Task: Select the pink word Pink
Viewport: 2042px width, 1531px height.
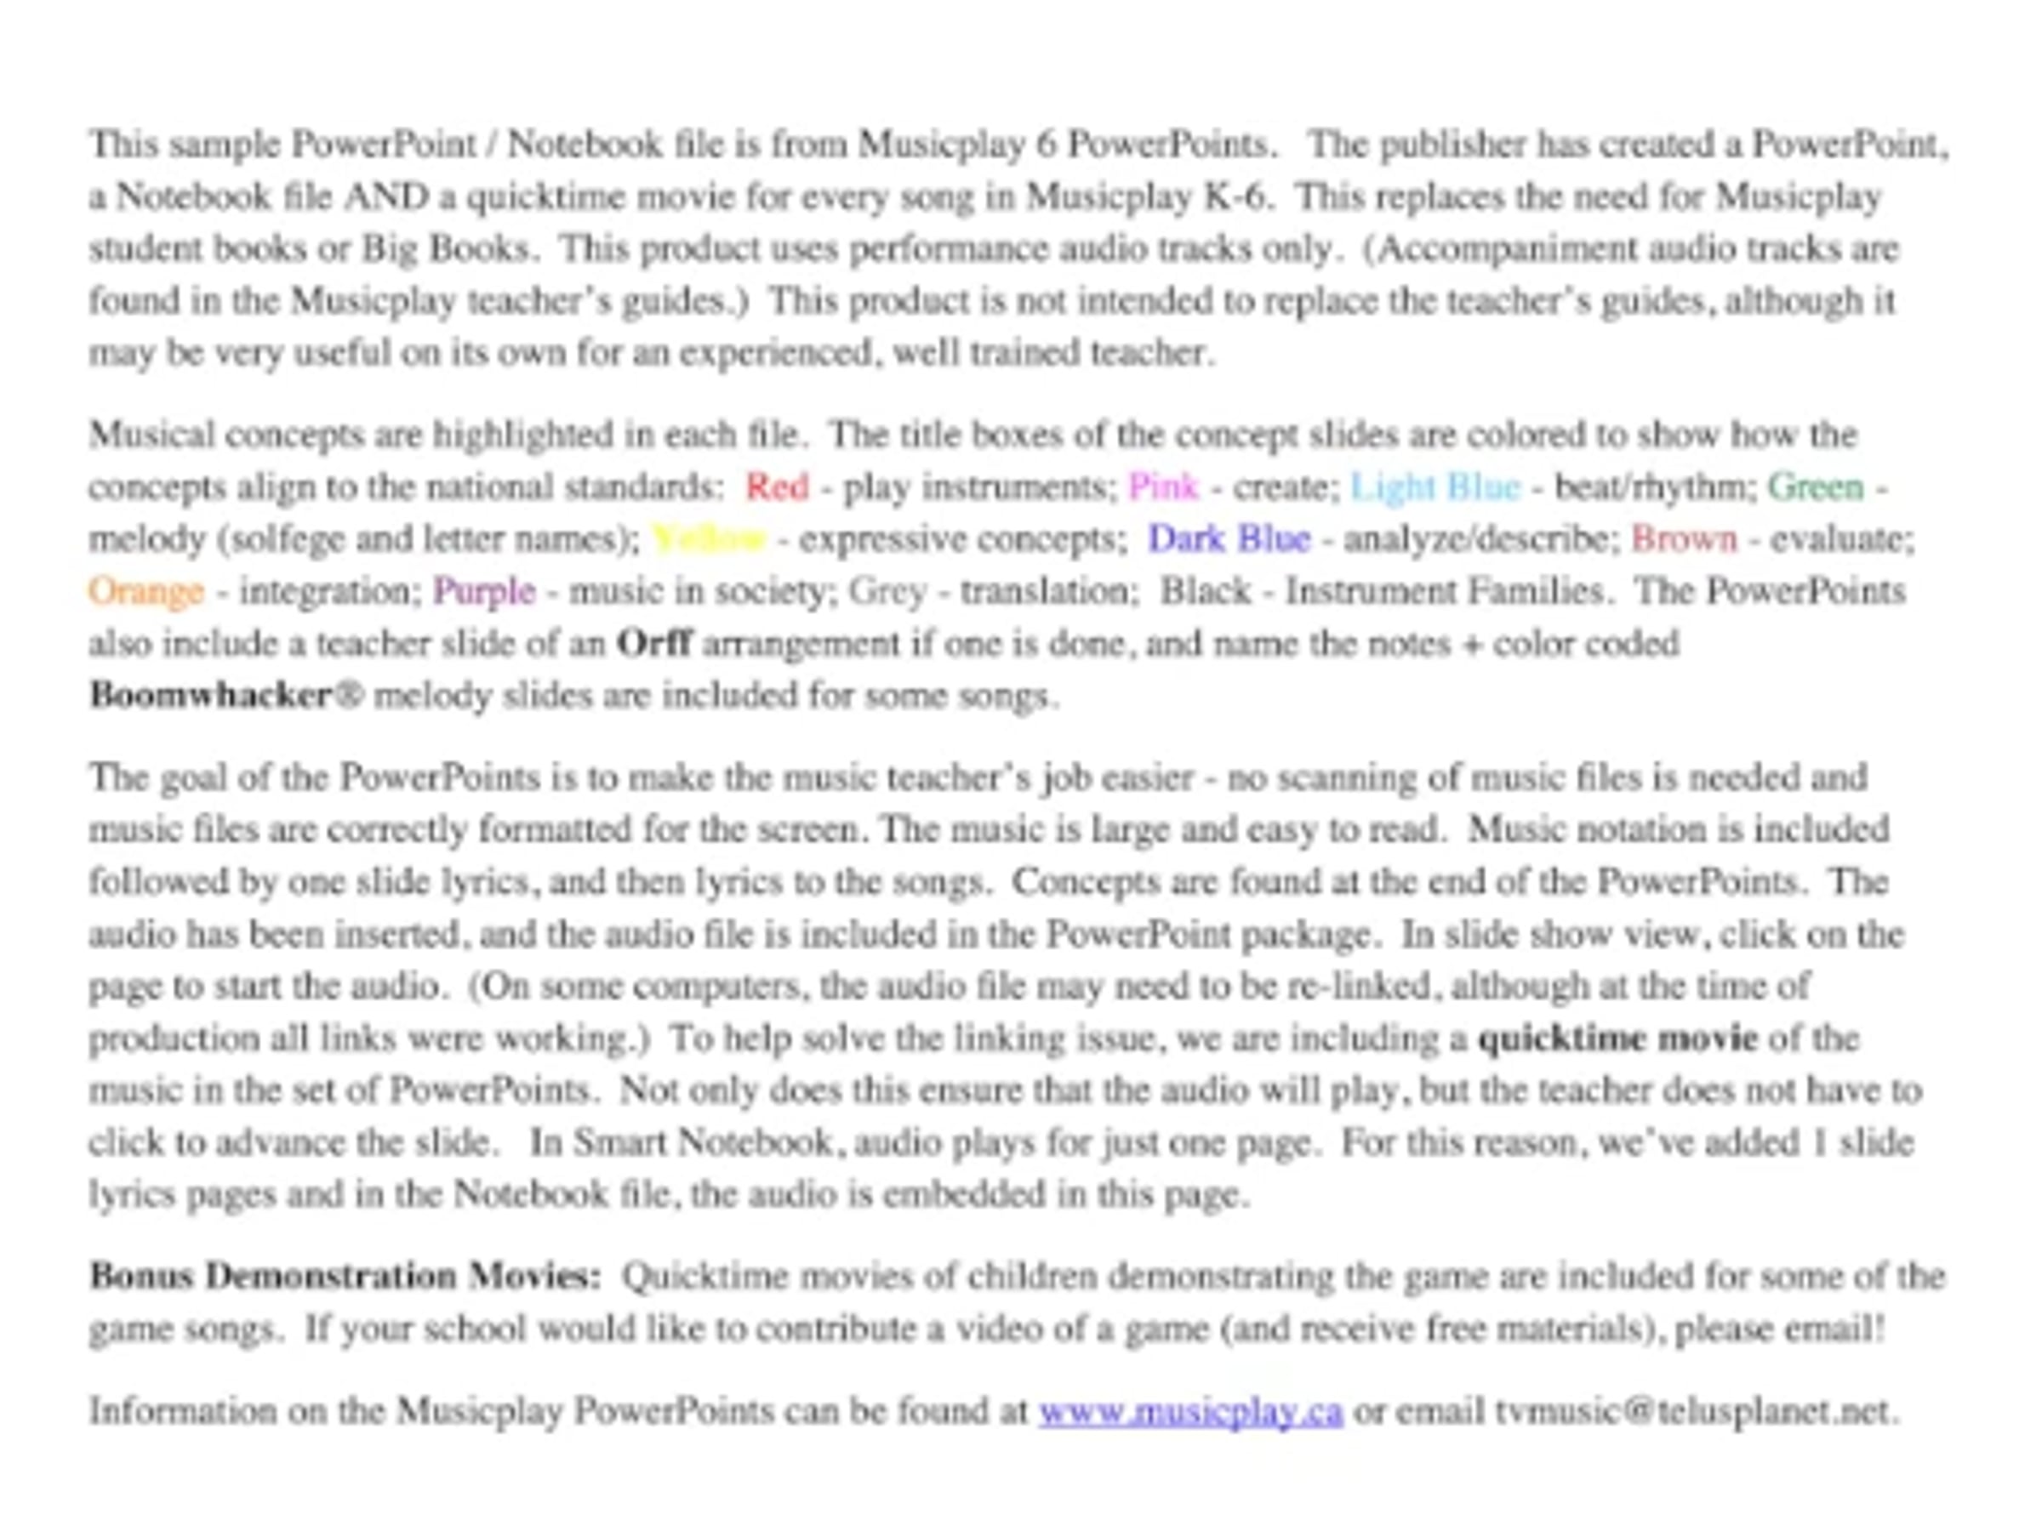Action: (1163, 487)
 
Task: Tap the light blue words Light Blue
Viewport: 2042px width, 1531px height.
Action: (1434, 487)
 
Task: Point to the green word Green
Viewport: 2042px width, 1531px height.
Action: (1815, 487)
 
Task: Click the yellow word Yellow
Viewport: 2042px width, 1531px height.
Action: (709, 539)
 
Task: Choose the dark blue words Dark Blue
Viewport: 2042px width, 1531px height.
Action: (1228, 539)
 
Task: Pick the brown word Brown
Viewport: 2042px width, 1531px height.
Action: (1684, 539)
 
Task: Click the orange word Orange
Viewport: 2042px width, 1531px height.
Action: (145, 591)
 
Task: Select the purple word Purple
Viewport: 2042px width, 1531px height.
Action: (484, 591)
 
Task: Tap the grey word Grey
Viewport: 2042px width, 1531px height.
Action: (887, 591)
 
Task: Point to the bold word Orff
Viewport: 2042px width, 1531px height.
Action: (653, 643)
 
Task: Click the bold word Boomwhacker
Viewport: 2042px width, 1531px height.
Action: (210, 696)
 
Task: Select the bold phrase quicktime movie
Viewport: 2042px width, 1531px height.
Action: (1617, 1039)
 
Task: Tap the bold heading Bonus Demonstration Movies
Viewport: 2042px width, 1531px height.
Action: (345, 1278)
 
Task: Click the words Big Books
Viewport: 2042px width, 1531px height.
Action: (447, 249)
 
